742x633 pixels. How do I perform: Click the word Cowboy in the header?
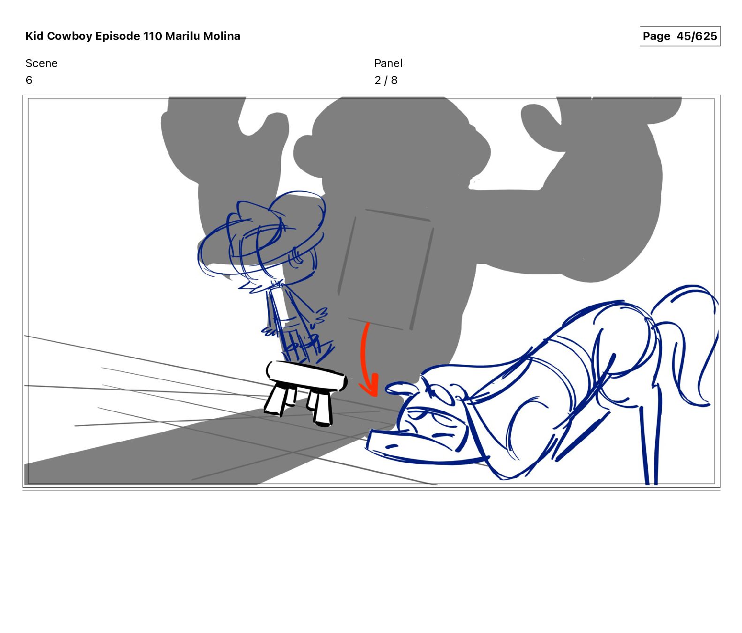[x=69, y=36]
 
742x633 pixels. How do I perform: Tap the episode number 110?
[x=153, y=36]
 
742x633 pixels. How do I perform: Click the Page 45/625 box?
[x=680, y=36]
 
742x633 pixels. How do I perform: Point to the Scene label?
[x=41, y=63]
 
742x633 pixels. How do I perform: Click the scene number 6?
[x=29, y=80]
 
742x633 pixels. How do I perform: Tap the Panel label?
[x=388, y=63]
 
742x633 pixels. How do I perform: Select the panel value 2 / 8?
[x=386, y=80]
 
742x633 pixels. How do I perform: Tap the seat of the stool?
[x=307, y=375]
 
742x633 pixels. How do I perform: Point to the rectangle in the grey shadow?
[x=385, y=270]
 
